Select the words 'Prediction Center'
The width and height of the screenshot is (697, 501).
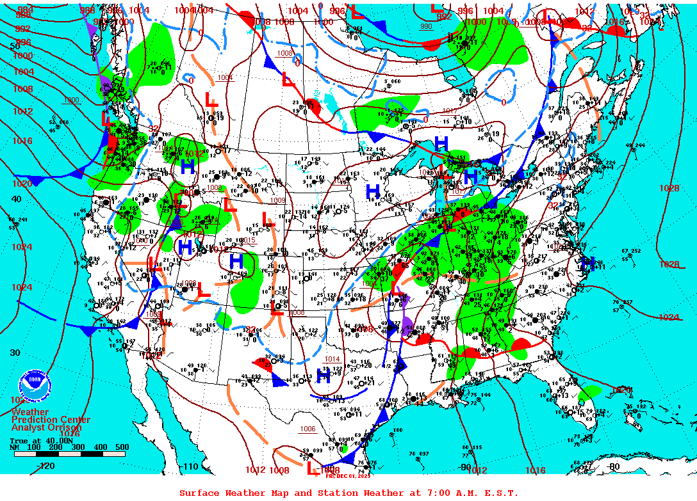pos(51,420)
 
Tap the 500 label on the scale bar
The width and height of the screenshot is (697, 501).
pos(122,447)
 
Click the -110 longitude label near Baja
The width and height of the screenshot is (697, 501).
pos(190,466)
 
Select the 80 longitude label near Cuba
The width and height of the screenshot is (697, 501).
pos(614,466)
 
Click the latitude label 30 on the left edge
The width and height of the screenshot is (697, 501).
pos(16,353)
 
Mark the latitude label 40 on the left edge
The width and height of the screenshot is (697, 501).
pos(16,199)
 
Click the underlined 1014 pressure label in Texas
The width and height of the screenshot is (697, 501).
pos(332,359)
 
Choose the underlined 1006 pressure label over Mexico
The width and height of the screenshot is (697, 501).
pos(308,429)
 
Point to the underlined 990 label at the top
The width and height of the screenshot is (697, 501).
pos(426,26)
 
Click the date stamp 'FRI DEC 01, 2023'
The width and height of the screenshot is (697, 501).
pos(348,475)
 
